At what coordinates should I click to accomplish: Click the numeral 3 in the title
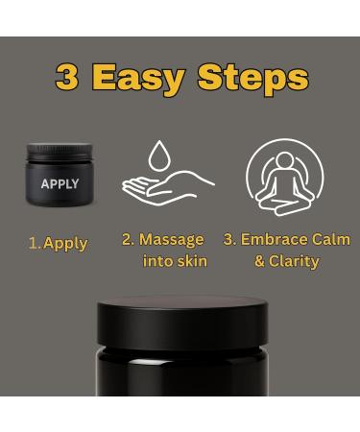67,77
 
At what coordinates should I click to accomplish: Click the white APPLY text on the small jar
60,183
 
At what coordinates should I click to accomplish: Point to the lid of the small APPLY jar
60,151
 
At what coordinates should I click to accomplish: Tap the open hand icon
167,184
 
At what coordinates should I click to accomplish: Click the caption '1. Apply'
59,243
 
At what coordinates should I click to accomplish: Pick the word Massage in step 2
171,239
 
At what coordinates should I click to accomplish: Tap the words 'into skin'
174,261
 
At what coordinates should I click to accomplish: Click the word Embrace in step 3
275,239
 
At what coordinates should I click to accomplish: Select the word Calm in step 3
331,239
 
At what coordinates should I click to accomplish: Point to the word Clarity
295,261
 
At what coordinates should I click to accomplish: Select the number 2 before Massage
128,239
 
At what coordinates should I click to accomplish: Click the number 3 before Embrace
228,239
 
